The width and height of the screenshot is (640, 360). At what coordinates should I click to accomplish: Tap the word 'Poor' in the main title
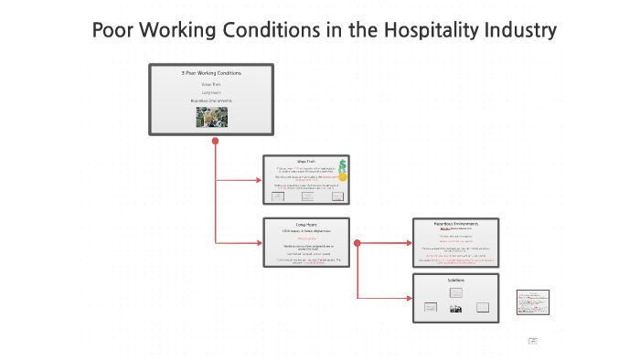tap(114, 30)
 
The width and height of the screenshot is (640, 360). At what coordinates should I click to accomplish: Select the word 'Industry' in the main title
tap(517, 30)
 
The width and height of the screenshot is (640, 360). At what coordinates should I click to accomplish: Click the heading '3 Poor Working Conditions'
tap(211, 72)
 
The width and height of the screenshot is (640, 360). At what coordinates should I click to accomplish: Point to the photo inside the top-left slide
tap(211, 117)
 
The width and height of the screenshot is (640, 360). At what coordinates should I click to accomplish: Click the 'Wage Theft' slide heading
tap(305, 162)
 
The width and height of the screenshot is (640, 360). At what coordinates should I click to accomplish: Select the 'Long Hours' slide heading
tap(305, 224)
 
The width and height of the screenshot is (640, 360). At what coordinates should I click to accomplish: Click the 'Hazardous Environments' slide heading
tap(455, 224)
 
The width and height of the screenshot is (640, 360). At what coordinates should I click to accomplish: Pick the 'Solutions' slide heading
tap(455, 280)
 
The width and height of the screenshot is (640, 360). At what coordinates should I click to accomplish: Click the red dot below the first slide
tap(215, 142)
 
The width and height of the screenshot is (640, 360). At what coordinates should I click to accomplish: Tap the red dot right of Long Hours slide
tap(357, 243)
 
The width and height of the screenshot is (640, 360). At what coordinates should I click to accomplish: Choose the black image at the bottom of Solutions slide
tap(455, 309)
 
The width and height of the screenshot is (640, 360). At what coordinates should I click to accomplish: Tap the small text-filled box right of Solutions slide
tap(531, 302)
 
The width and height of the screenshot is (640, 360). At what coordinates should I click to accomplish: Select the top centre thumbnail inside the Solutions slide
tap(455, 292)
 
